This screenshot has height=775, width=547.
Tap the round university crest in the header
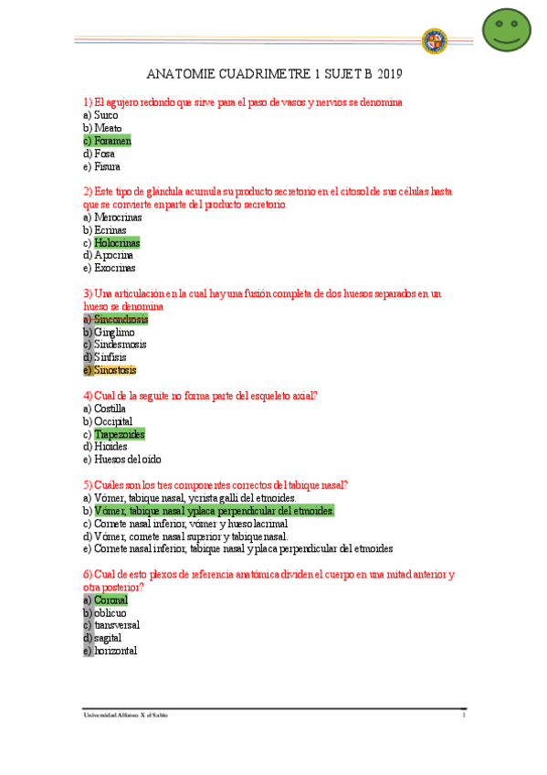pos(434,41)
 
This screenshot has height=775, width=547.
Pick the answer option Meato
pos(108,129)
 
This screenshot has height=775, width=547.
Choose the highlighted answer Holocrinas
pos(117,244)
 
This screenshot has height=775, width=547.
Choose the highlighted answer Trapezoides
pos(120,435)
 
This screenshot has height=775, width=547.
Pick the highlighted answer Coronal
pos(110,600)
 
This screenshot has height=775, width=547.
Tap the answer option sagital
pos(108,638)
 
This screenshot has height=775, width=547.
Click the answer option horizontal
pos(115,651)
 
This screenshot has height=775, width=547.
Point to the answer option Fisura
pos(107,167)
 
